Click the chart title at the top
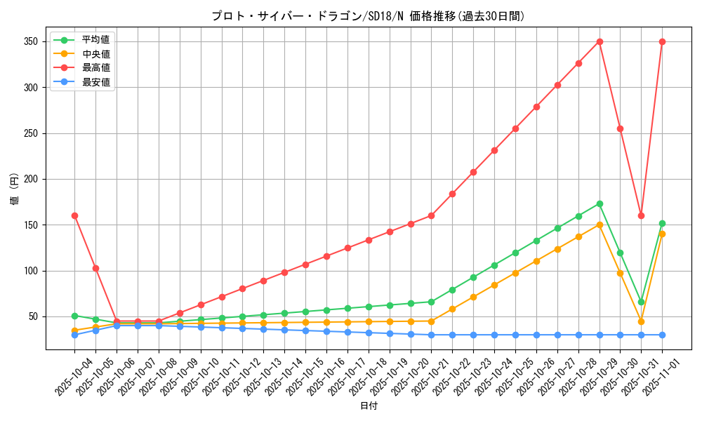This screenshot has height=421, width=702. coord(368,16)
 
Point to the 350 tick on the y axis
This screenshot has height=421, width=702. coord(32,41)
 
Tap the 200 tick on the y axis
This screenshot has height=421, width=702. coord(32,179)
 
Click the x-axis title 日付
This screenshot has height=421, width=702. coord(369,406)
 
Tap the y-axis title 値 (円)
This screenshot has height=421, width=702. coord(14,189)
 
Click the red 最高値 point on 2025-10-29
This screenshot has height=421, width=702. coord(600,41)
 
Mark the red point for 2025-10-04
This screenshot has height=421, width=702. coord(74,215)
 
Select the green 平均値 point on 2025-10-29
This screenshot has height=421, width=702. coord(600,203)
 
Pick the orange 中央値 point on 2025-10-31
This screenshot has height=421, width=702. coord(641,321)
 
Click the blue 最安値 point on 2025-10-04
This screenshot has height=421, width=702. coord(74,335)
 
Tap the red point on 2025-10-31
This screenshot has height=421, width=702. coord(641,215)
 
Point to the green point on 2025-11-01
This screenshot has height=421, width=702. coord(662,223)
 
